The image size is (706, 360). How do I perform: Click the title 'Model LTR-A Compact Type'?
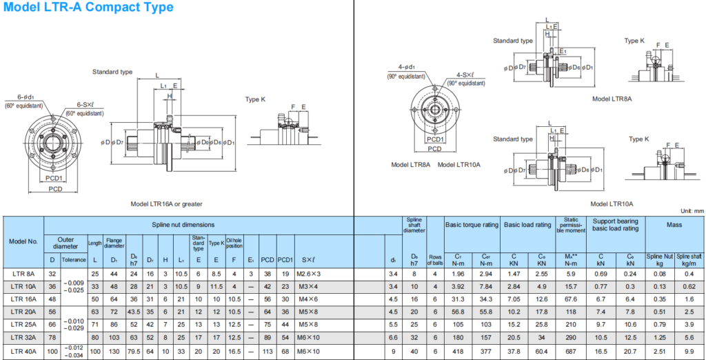[88, 8]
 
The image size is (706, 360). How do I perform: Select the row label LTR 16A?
[24, 299]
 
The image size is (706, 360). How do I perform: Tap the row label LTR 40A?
[24, 352]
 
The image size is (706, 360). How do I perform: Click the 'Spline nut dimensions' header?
[183, 225]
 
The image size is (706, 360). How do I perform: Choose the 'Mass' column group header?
[674, 225]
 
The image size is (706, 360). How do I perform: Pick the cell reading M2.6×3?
[308, 273]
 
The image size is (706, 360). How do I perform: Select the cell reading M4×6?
[308, 299]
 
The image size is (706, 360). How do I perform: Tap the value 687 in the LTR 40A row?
[570, 352]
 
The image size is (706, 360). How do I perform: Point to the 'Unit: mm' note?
[689, 210]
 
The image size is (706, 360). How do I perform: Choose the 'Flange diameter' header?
[114, 243]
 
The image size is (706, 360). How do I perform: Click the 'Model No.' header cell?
[24, 241]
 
